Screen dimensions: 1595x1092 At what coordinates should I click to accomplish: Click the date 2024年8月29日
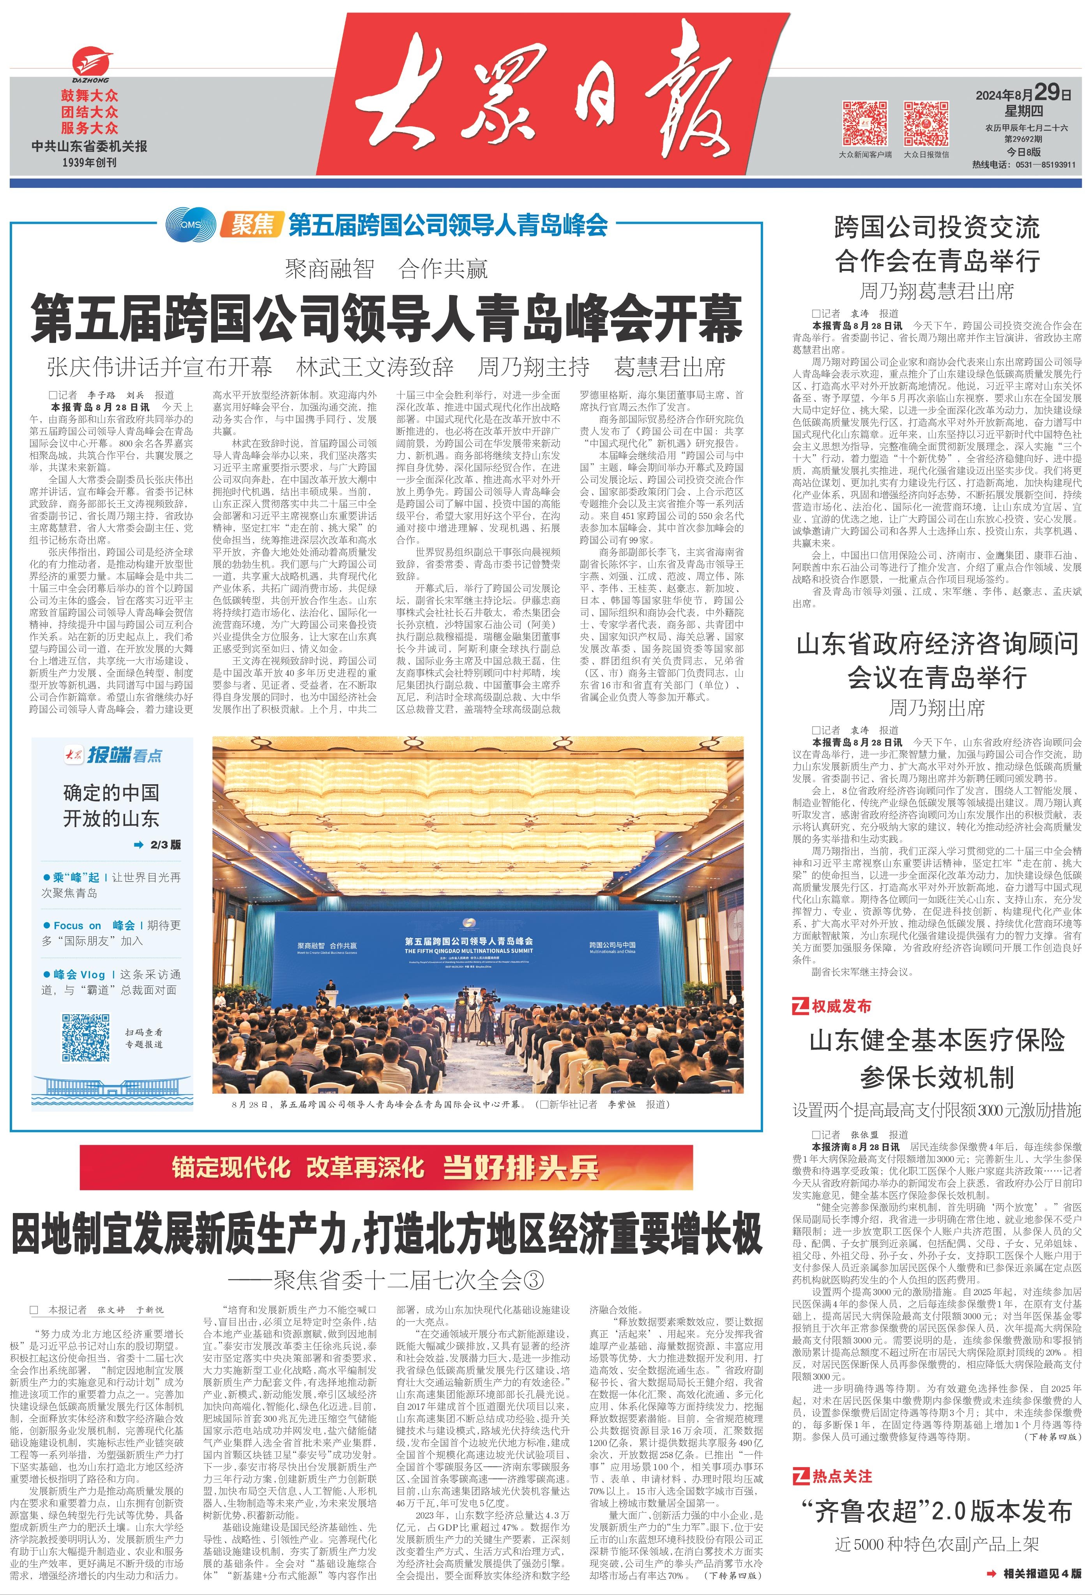(1023, 93)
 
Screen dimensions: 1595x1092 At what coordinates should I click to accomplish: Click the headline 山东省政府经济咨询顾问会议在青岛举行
(937, 661)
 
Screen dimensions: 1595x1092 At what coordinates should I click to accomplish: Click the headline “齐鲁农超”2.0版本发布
(937, 1510)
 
